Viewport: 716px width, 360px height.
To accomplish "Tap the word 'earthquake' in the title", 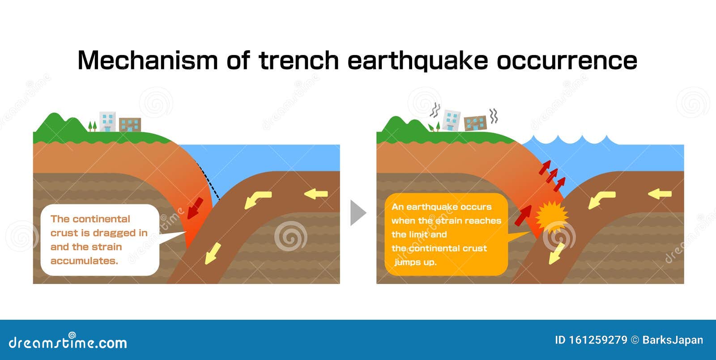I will point(418,60).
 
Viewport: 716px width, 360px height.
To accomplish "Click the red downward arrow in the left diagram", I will point(195,209).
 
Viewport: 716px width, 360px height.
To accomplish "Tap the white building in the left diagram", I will point(107,122).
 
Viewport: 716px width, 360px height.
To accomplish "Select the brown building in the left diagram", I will point(130,125).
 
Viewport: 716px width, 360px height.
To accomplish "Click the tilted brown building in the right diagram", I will point(475,123).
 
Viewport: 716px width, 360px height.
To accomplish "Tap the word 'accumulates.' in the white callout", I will point(84,261).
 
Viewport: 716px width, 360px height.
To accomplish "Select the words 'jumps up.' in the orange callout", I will point(415,262).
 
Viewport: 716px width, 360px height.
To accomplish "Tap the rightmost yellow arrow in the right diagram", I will point(660,194).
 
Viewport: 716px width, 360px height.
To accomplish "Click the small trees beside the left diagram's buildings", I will point(92,126).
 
